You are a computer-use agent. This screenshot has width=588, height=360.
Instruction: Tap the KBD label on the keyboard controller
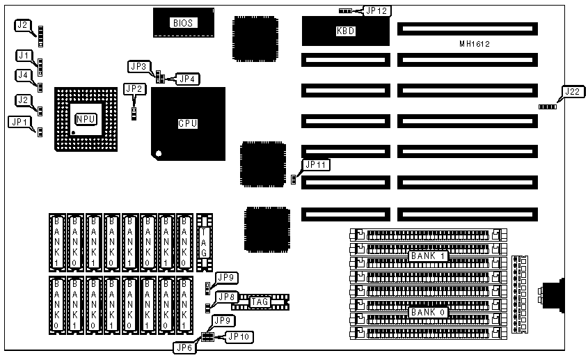click(345, 31)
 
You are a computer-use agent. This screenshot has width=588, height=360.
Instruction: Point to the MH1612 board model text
click(475, 44)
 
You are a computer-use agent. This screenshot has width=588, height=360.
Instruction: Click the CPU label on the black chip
click(188, 123)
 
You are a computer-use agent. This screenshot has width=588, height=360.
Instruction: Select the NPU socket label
click(86, 119)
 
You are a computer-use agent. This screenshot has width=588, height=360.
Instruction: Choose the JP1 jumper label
click(19, 120)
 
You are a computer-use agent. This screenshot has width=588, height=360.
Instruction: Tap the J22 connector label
click(572, 91)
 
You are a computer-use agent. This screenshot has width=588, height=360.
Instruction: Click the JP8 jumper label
click(225, 297)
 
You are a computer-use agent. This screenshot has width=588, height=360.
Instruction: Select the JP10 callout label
click(237, 336)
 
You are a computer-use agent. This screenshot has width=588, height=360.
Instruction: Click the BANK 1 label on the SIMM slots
click(428, 256)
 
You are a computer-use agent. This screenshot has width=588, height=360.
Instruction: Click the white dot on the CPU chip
click(159, 152)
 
